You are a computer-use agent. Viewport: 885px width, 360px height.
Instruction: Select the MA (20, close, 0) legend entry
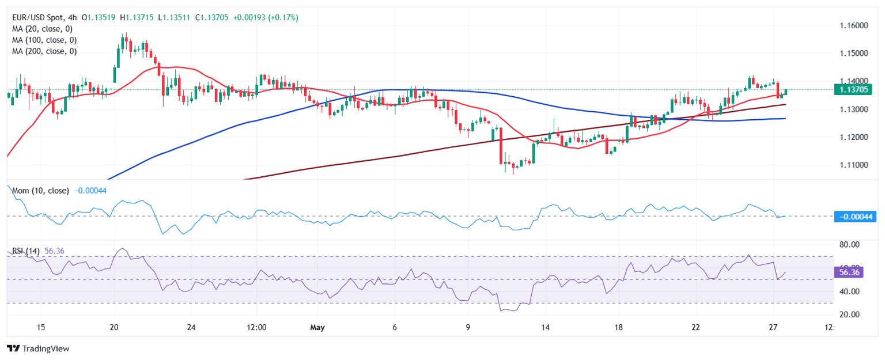click(44, 29)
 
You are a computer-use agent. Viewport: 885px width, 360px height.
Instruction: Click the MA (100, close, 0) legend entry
click(44, 40)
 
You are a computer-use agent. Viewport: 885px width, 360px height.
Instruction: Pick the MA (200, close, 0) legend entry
click(44, 51)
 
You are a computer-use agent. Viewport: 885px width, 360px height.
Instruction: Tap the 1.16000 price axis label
click(852, 26)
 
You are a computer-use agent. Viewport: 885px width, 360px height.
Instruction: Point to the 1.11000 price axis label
click(852, 165)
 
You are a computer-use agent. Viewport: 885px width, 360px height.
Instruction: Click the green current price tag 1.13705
click(853, 89)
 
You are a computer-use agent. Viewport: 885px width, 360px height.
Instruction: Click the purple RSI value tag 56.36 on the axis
click(848, 272)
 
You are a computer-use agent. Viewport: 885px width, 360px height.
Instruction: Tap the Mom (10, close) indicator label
click(40, 191)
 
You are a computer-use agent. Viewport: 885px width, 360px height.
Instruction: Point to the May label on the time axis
click(317, 328)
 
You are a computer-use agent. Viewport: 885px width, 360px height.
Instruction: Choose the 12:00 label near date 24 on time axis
click(256, 328)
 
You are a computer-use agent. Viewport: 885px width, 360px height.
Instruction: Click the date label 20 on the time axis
click(114, 328)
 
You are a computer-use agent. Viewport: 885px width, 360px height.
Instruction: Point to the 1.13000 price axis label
click(852, 109)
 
